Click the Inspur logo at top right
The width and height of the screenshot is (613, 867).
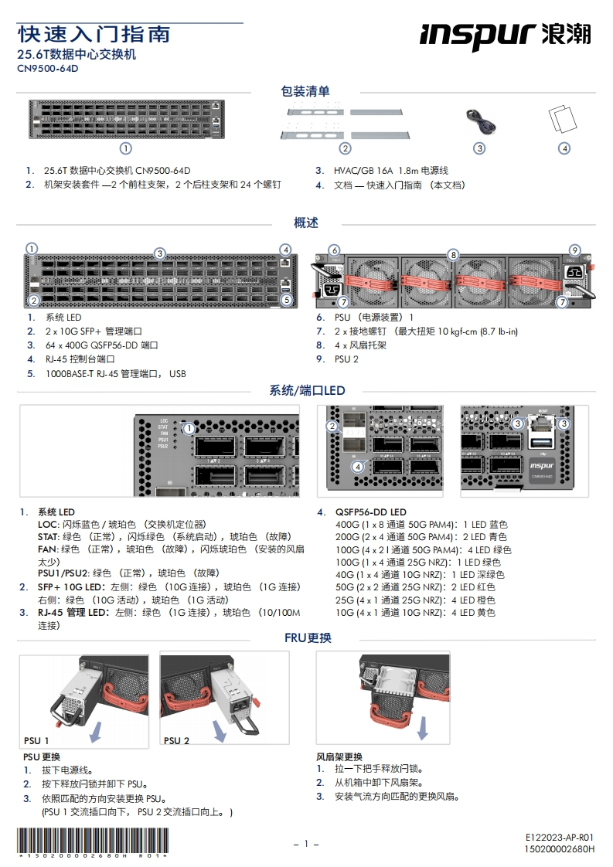point(506,35)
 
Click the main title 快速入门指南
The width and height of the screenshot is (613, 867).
point(94,34)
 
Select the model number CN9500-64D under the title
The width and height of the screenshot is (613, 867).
point(48,68)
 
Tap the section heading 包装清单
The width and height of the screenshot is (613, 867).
point(305,91)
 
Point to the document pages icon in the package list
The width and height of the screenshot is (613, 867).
point(564,120)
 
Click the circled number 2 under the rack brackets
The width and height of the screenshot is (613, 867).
point(346,148)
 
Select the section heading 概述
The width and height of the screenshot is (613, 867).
point(305,223)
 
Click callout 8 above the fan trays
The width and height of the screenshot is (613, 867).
point(453,254)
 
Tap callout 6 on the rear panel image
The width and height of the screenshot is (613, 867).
point(334,250)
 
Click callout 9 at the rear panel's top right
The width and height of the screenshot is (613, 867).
point(574,250)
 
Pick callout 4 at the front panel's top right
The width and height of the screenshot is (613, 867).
point(286,250)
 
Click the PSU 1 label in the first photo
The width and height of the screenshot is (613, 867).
point(36,740)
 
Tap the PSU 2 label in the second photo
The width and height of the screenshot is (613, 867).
point(177,740)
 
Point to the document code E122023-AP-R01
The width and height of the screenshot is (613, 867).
point(560,838)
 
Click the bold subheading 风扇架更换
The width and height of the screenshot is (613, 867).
point(339,756)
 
